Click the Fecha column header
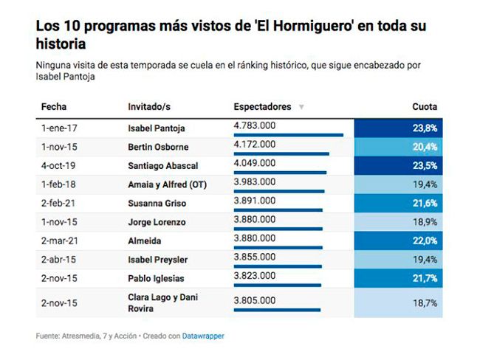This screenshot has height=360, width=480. point(54,107)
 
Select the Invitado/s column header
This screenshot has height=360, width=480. point(150,107)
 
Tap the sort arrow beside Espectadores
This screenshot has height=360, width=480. point(301,108)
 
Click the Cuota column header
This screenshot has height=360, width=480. point(424,107)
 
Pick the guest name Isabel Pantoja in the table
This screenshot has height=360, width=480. point(157,128)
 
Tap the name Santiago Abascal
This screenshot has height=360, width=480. point(162,166)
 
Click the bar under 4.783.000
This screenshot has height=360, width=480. point(288,135)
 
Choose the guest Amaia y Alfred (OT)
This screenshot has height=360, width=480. point(168,184)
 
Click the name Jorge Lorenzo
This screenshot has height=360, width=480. point(157,222)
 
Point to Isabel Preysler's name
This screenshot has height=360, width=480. point(158,260)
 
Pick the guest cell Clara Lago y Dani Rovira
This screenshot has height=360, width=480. point(162,302)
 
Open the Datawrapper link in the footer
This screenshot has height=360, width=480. point(205,336)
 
